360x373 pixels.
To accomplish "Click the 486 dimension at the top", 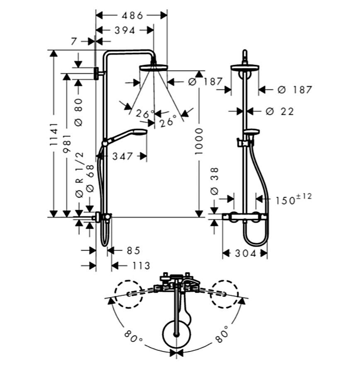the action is click(x=132, y=16).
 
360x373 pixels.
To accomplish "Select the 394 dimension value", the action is click(x=125, y=30).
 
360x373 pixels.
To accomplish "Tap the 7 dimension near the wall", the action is click(x=74, y=41).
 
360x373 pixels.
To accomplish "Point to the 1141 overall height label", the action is click(x=54, y=134).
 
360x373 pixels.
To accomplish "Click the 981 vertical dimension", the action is click(x=67, y=143).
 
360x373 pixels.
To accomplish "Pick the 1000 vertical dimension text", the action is click(x=199, y=141).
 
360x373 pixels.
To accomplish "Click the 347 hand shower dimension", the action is click(x=122, y=157).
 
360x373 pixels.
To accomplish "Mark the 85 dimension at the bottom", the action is click(x=133, y=250).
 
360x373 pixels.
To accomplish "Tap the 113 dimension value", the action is click(x=141, y=266).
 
